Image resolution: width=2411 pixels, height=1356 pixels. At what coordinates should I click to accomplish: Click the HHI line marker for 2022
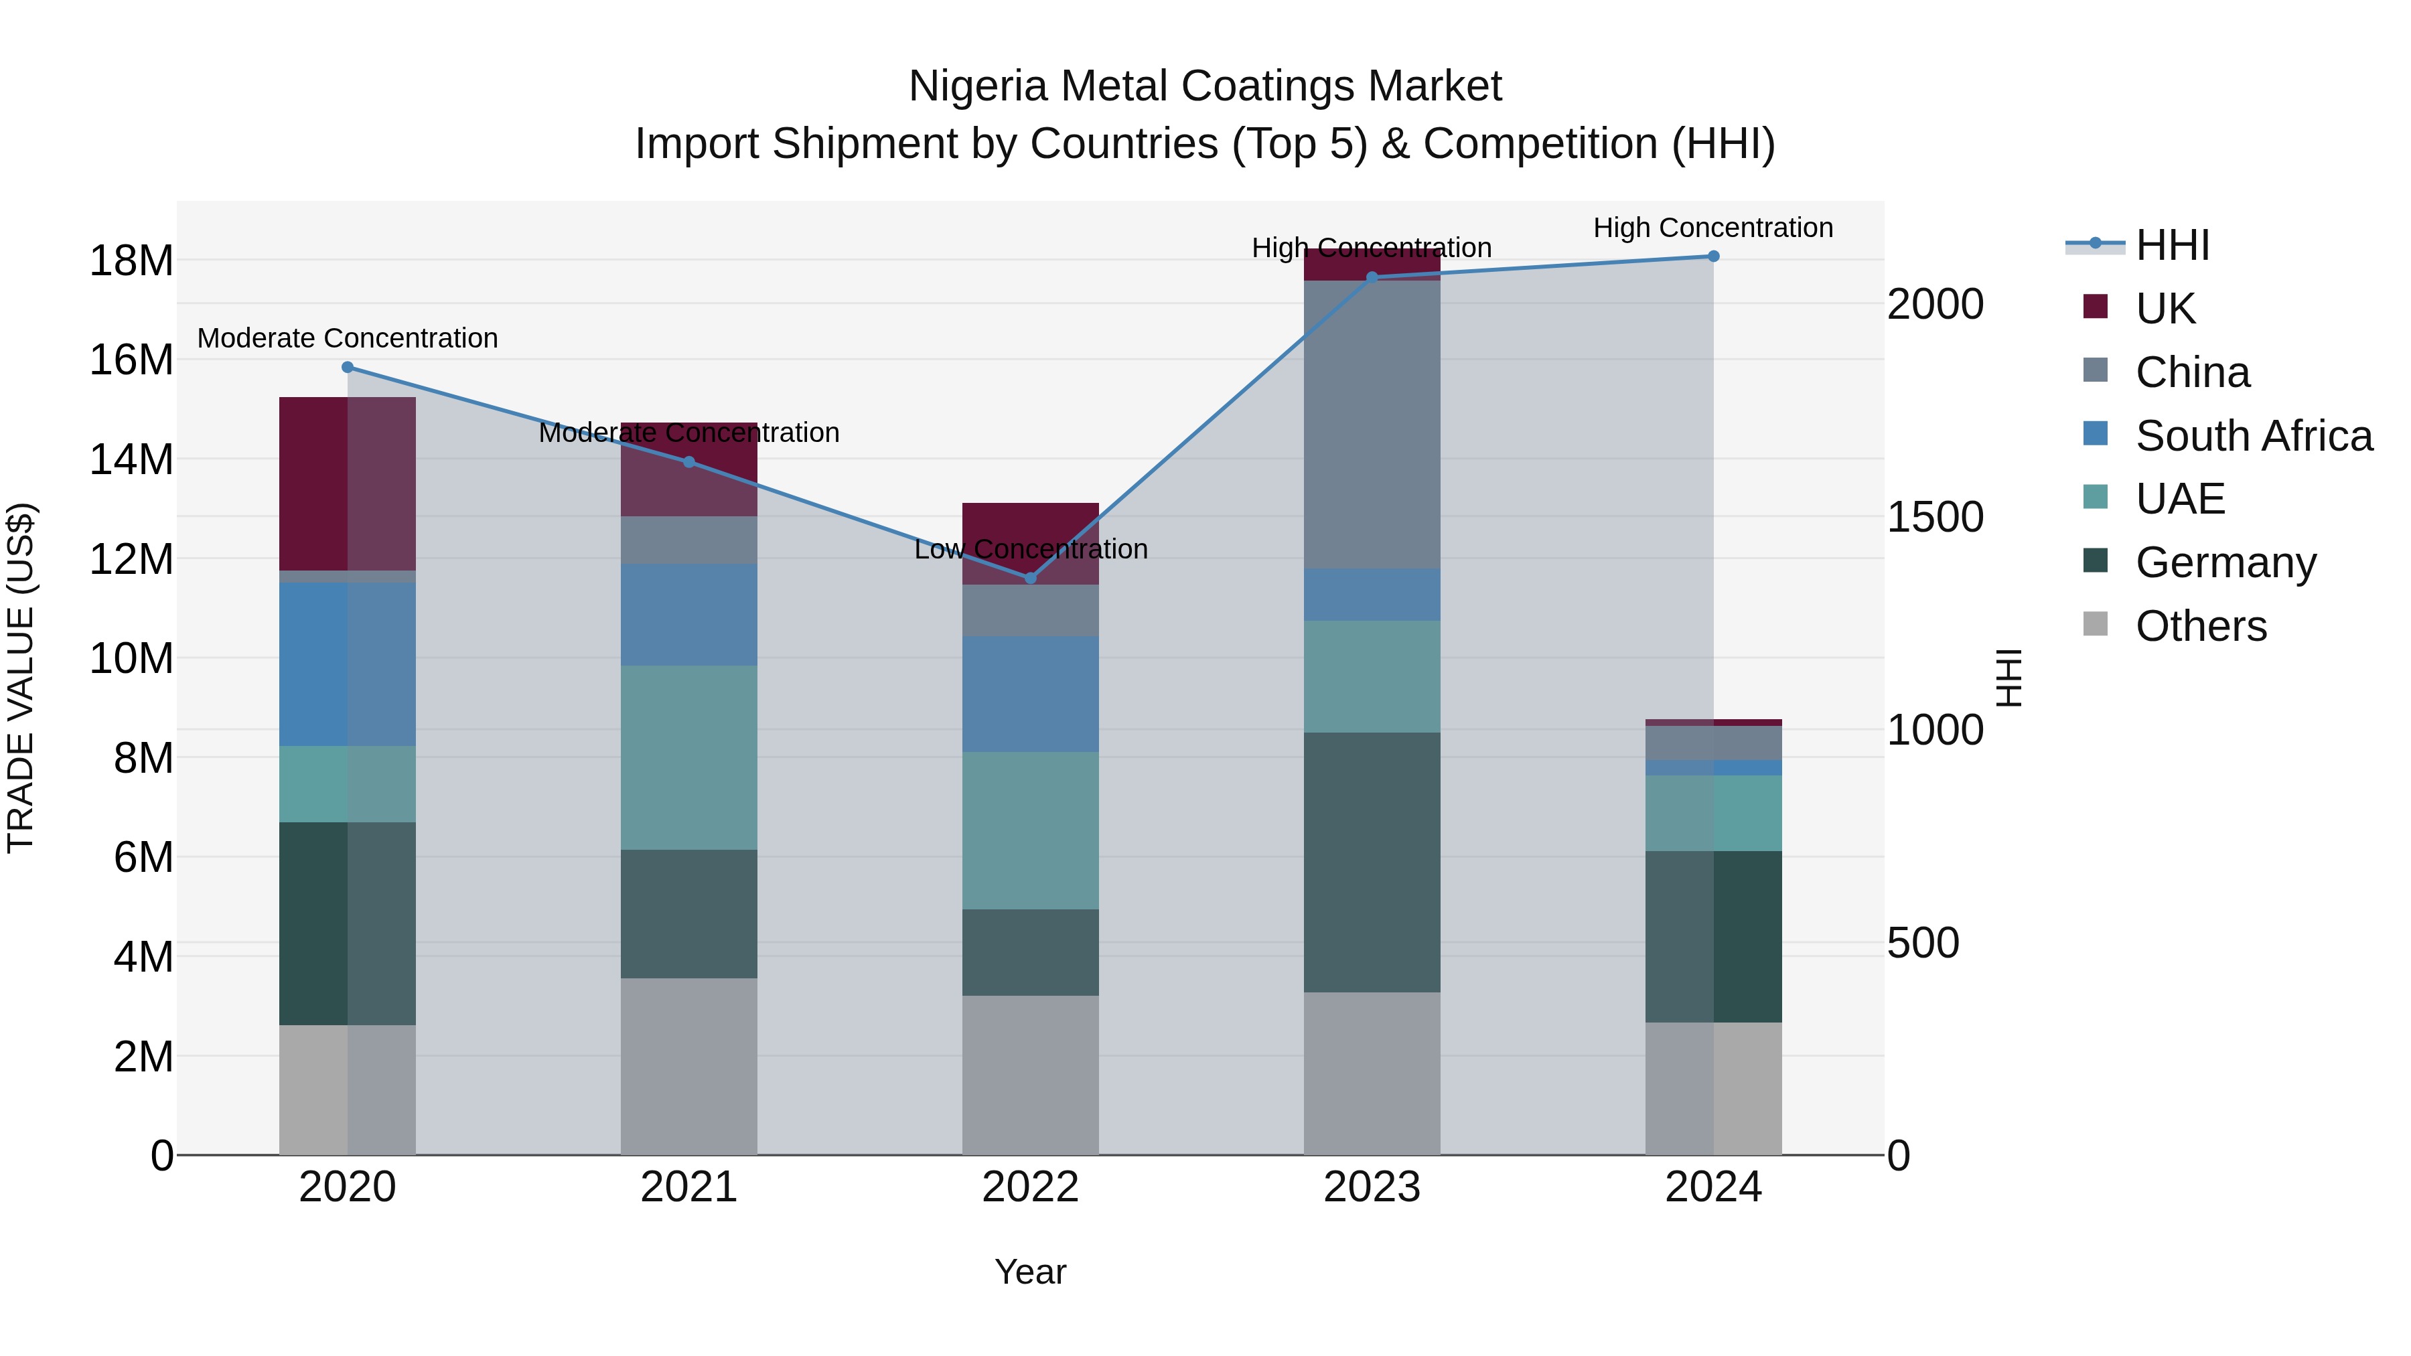click(1031, 577)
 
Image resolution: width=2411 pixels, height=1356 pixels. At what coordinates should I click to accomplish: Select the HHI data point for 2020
click(347, 368)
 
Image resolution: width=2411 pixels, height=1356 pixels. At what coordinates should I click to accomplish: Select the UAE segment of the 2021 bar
click(689, 757)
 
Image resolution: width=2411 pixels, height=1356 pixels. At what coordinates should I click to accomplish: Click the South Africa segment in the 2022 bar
click(1031, 694)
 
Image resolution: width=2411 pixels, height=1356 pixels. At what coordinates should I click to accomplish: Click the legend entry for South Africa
click(2253, 436)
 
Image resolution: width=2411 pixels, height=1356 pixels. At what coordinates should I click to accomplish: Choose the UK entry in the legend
click(2165, 309)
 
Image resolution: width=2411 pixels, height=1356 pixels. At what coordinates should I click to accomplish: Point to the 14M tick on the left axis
click(131, 459)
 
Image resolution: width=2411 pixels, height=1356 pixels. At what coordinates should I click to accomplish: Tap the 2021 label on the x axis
click(689, 1187)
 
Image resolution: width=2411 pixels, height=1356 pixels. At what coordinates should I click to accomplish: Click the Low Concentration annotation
click(1031, 549)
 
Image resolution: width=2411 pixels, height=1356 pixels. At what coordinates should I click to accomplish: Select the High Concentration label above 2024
click(1712, 228)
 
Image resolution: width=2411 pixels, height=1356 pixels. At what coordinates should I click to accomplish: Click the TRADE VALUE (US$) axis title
click(21, 678)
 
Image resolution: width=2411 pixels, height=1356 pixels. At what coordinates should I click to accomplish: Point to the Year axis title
click(1031, 1272)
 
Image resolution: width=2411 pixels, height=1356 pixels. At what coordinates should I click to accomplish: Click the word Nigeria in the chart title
click(977, 86)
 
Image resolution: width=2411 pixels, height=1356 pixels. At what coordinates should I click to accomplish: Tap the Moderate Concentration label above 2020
click(347, 338)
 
